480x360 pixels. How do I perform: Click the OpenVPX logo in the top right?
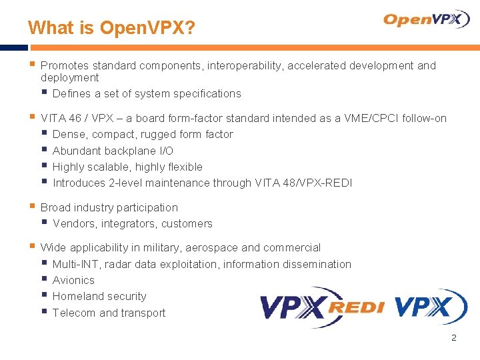(x=427, y=20)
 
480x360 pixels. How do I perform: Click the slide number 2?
(x=454, y=338)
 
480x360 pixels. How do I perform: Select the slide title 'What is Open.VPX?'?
(x=111, y=28)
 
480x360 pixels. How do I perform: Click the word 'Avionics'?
(x=73, y=280)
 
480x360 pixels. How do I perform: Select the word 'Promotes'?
(x=65, y=65)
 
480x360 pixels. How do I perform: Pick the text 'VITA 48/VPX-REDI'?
(x=303, y=183)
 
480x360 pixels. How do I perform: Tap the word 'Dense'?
(x=68, y=134)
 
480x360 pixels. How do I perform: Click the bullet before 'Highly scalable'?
(x=44, y=166)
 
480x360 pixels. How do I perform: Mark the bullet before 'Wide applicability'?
(x=32, y=247)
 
